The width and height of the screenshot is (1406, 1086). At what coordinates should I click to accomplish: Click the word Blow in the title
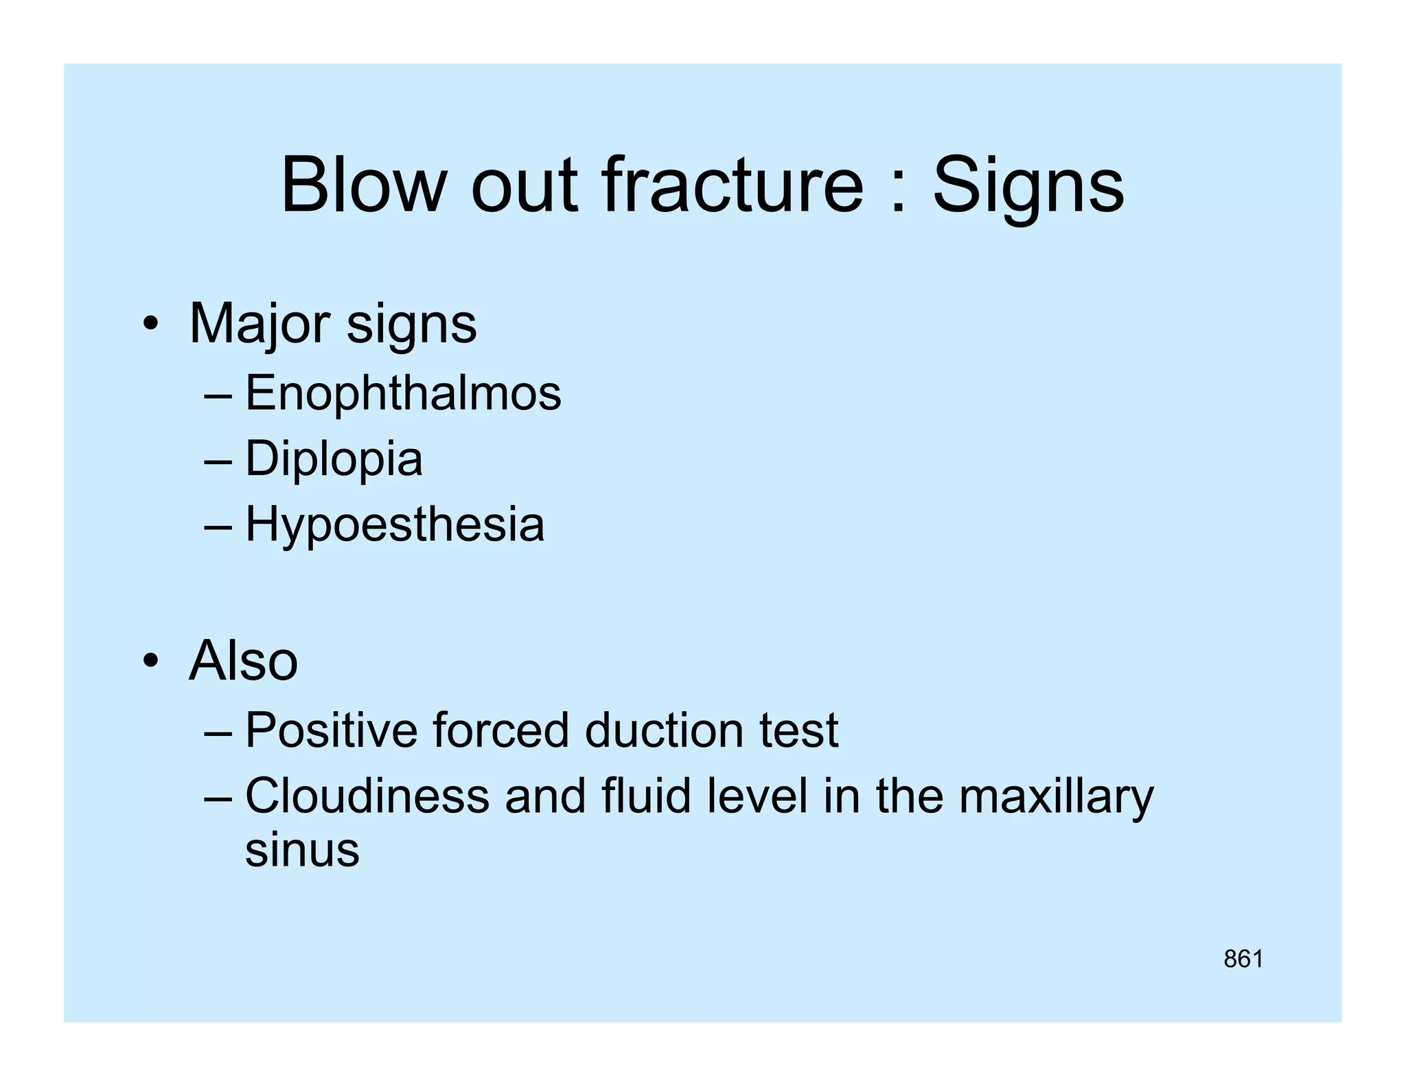point(363,185)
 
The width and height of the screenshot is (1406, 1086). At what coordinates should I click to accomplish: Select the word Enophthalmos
point(403,393)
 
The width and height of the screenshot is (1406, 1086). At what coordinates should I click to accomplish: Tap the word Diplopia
point(334,459)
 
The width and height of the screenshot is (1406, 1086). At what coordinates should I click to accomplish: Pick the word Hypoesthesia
point(395,525)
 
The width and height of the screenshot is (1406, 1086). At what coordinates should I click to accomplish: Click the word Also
point(243,660)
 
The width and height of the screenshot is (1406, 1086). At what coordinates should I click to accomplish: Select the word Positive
point(331,730)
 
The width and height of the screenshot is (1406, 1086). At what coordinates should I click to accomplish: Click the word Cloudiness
point(367,796)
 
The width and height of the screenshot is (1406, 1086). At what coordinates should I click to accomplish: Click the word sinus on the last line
point(302,850)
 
